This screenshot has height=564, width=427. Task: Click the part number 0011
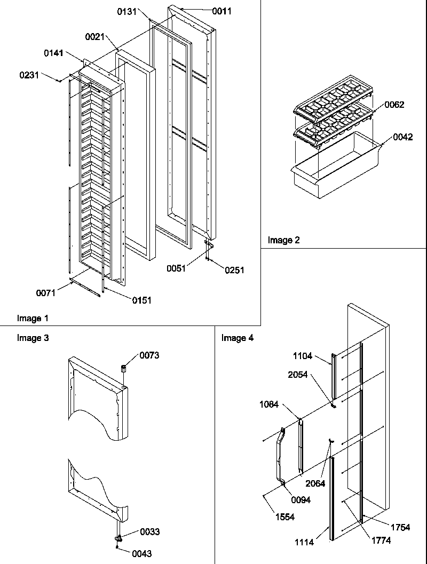222,11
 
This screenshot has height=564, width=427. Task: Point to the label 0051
176,268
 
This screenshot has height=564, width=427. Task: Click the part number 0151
141,300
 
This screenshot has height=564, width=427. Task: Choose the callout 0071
46,292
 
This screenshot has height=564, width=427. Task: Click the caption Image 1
33,319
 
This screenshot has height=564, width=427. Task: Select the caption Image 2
283,240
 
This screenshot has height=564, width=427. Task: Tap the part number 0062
394,105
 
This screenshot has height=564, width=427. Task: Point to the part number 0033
149,531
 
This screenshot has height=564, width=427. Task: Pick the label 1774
381,540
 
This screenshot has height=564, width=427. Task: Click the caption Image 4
238,338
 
